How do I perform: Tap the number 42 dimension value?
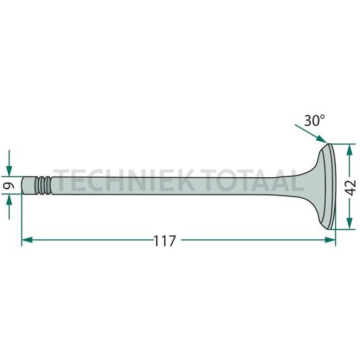(x=349, y=185)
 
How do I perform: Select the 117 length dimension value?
(x=164, y=241)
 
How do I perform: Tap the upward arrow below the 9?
(x=9, y=203)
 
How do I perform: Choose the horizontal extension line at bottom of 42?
(x=343, y=229)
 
